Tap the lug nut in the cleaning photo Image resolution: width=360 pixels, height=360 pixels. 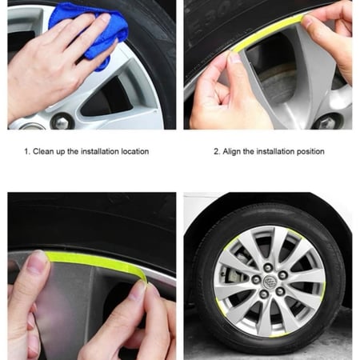tap(62, 122)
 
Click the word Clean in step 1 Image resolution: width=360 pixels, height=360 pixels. tap(43, 151)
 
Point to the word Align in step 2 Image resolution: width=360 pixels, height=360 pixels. tap(232, 151)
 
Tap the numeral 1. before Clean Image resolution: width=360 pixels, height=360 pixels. tap(27, 151)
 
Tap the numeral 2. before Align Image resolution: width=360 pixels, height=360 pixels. tap(217, 151)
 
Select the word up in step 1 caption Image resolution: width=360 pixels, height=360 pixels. tap(61, 152)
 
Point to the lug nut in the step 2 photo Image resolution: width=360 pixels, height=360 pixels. tap(327, 122)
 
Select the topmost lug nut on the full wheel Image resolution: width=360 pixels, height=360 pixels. tap(268, 267)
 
